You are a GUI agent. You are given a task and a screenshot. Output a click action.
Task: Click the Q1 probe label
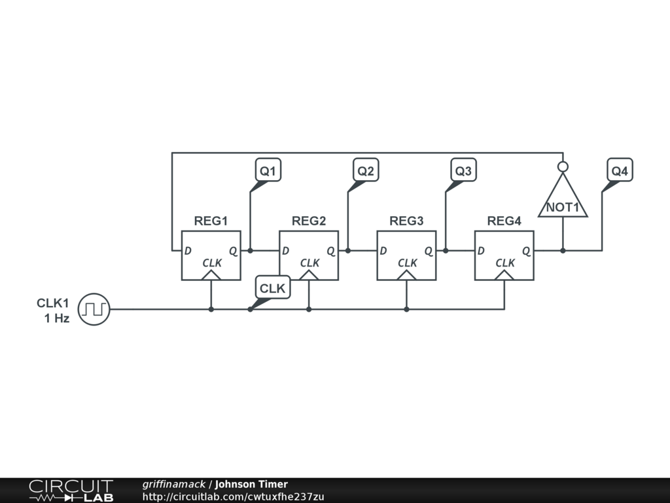click(268, 171)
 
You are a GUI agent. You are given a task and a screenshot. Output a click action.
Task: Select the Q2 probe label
click(366, 171)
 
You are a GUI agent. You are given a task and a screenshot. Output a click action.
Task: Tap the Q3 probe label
click(463, 171)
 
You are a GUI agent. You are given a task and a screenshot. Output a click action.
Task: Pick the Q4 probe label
click(620, 171)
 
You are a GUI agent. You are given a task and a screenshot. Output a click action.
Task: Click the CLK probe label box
click(272, 288)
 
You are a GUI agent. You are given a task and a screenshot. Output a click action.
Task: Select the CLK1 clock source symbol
click(94, 309)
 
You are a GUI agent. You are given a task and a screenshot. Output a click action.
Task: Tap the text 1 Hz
click(56, 318)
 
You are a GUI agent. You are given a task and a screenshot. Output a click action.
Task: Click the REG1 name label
click(211, 221)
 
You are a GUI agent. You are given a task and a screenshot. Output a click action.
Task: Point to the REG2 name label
click(309, 221)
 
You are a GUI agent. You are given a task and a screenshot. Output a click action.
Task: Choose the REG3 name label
click(406, 221)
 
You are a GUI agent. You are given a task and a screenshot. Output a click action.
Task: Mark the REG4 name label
click(504, 221)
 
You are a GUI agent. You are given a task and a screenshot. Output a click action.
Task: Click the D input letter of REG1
click(188, 251)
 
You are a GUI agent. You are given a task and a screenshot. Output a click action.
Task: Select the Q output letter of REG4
click(526, 251)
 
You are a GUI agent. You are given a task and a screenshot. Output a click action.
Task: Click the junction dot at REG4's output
click(563, 250)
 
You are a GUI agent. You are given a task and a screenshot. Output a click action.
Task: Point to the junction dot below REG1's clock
click(211, 309)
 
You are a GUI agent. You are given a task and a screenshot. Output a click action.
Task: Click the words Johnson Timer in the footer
click(251, 485)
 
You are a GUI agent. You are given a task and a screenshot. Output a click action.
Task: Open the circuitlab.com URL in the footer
click(233, 496)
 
